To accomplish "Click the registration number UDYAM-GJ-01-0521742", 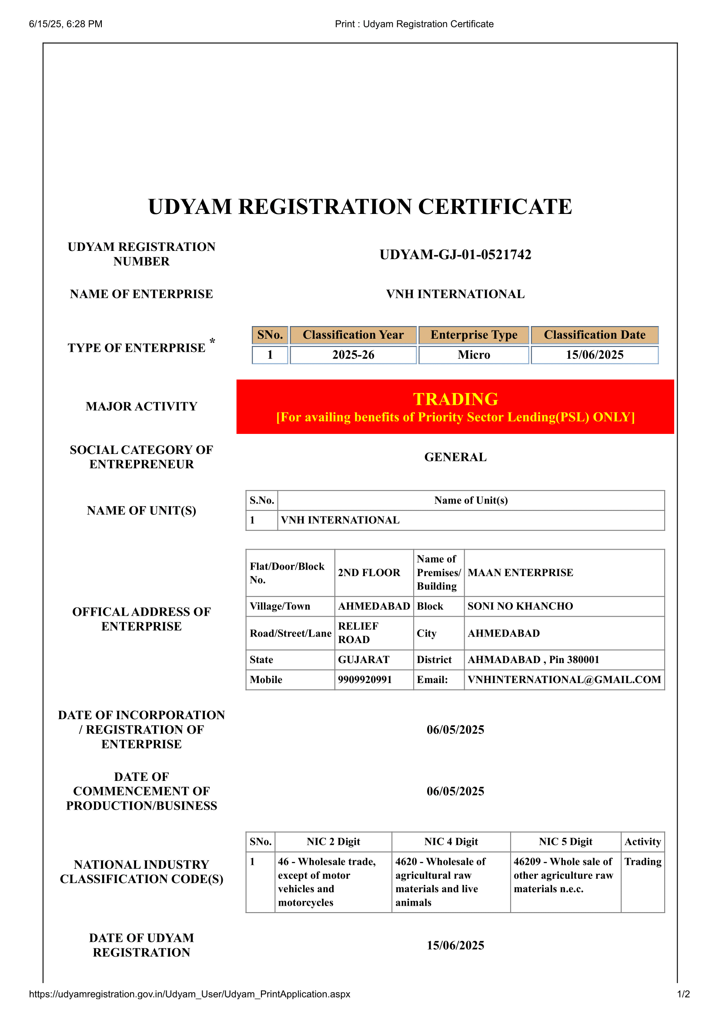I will point(455,255).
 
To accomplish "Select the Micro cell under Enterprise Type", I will point(474,355).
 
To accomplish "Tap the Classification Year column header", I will point(353,335).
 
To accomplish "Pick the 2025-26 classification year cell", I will point(353,355).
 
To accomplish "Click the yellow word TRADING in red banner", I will point(455,399).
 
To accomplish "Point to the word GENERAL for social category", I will point(455,457).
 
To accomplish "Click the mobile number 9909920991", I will point(365,680).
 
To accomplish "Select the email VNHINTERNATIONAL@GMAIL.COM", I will point(564,680).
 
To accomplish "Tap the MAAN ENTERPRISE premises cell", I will point(520,573).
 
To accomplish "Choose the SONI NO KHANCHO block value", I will point(520,606).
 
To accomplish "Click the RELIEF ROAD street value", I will point(358,633).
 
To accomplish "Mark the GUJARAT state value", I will point(363,660).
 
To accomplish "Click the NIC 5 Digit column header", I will point(565,842).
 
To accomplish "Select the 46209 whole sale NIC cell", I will point(563,875).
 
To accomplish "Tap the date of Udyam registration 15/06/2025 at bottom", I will point(455,945).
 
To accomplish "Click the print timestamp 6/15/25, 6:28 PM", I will point(66,24).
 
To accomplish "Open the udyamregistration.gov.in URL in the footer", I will point(190,994).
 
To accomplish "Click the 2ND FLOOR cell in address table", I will point(368,573).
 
